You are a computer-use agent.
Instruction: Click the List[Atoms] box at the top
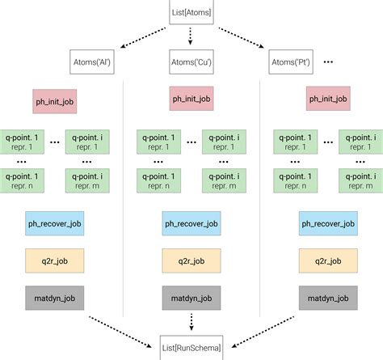tap(191, 13)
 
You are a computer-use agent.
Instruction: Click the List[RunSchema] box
tap(191, 346)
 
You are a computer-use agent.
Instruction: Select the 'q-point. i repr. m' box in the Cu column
tap(224, 182)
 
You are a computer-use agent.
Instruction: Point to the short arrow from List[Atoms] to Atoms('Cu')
tap(191, 37)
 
